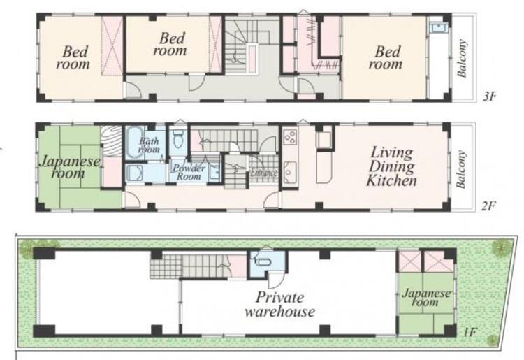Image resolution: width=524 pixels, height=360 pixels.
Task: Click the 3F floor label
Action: pos(489,97)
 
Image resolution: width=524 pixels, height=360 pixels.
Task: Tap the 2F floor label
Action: pos(488,206)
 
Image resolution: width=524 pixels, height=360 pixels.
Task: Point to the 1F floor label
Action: pos(470,332)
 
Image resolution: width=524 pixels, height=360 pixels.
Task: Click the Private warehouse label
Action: pos(279,304)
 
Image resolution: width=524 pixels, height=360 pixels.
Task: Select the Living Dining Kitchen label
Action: pos(391,167)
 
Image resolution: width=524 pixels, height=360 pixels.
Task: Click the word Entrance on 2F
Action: pos(263,173)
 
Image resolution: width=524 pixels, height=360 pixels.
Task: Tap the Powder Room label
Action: pos(189,172)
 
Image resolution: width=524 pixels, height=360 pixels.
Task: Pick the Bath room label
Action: pos(149,145)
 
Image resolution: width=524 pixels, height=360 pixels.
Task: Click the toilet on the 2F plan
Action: pos(177,139)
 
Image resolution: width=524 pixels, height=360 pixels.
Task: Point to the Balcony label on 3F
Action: pos(461,59)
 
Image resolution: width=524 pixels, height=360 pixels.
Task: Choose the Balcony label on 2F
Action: pos(460,170)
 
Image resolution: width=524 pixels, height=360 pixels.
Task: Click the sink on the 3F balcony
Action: pos(437,27)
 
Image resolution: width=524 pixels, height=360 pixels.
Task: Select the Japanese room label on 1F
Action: pos(425,298)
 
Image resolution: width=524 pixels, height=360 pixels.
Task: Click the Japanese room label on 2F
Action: pos(69,167)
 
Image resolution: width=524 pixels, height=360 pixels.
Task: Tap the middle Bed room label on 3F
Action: pos(170,44)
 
